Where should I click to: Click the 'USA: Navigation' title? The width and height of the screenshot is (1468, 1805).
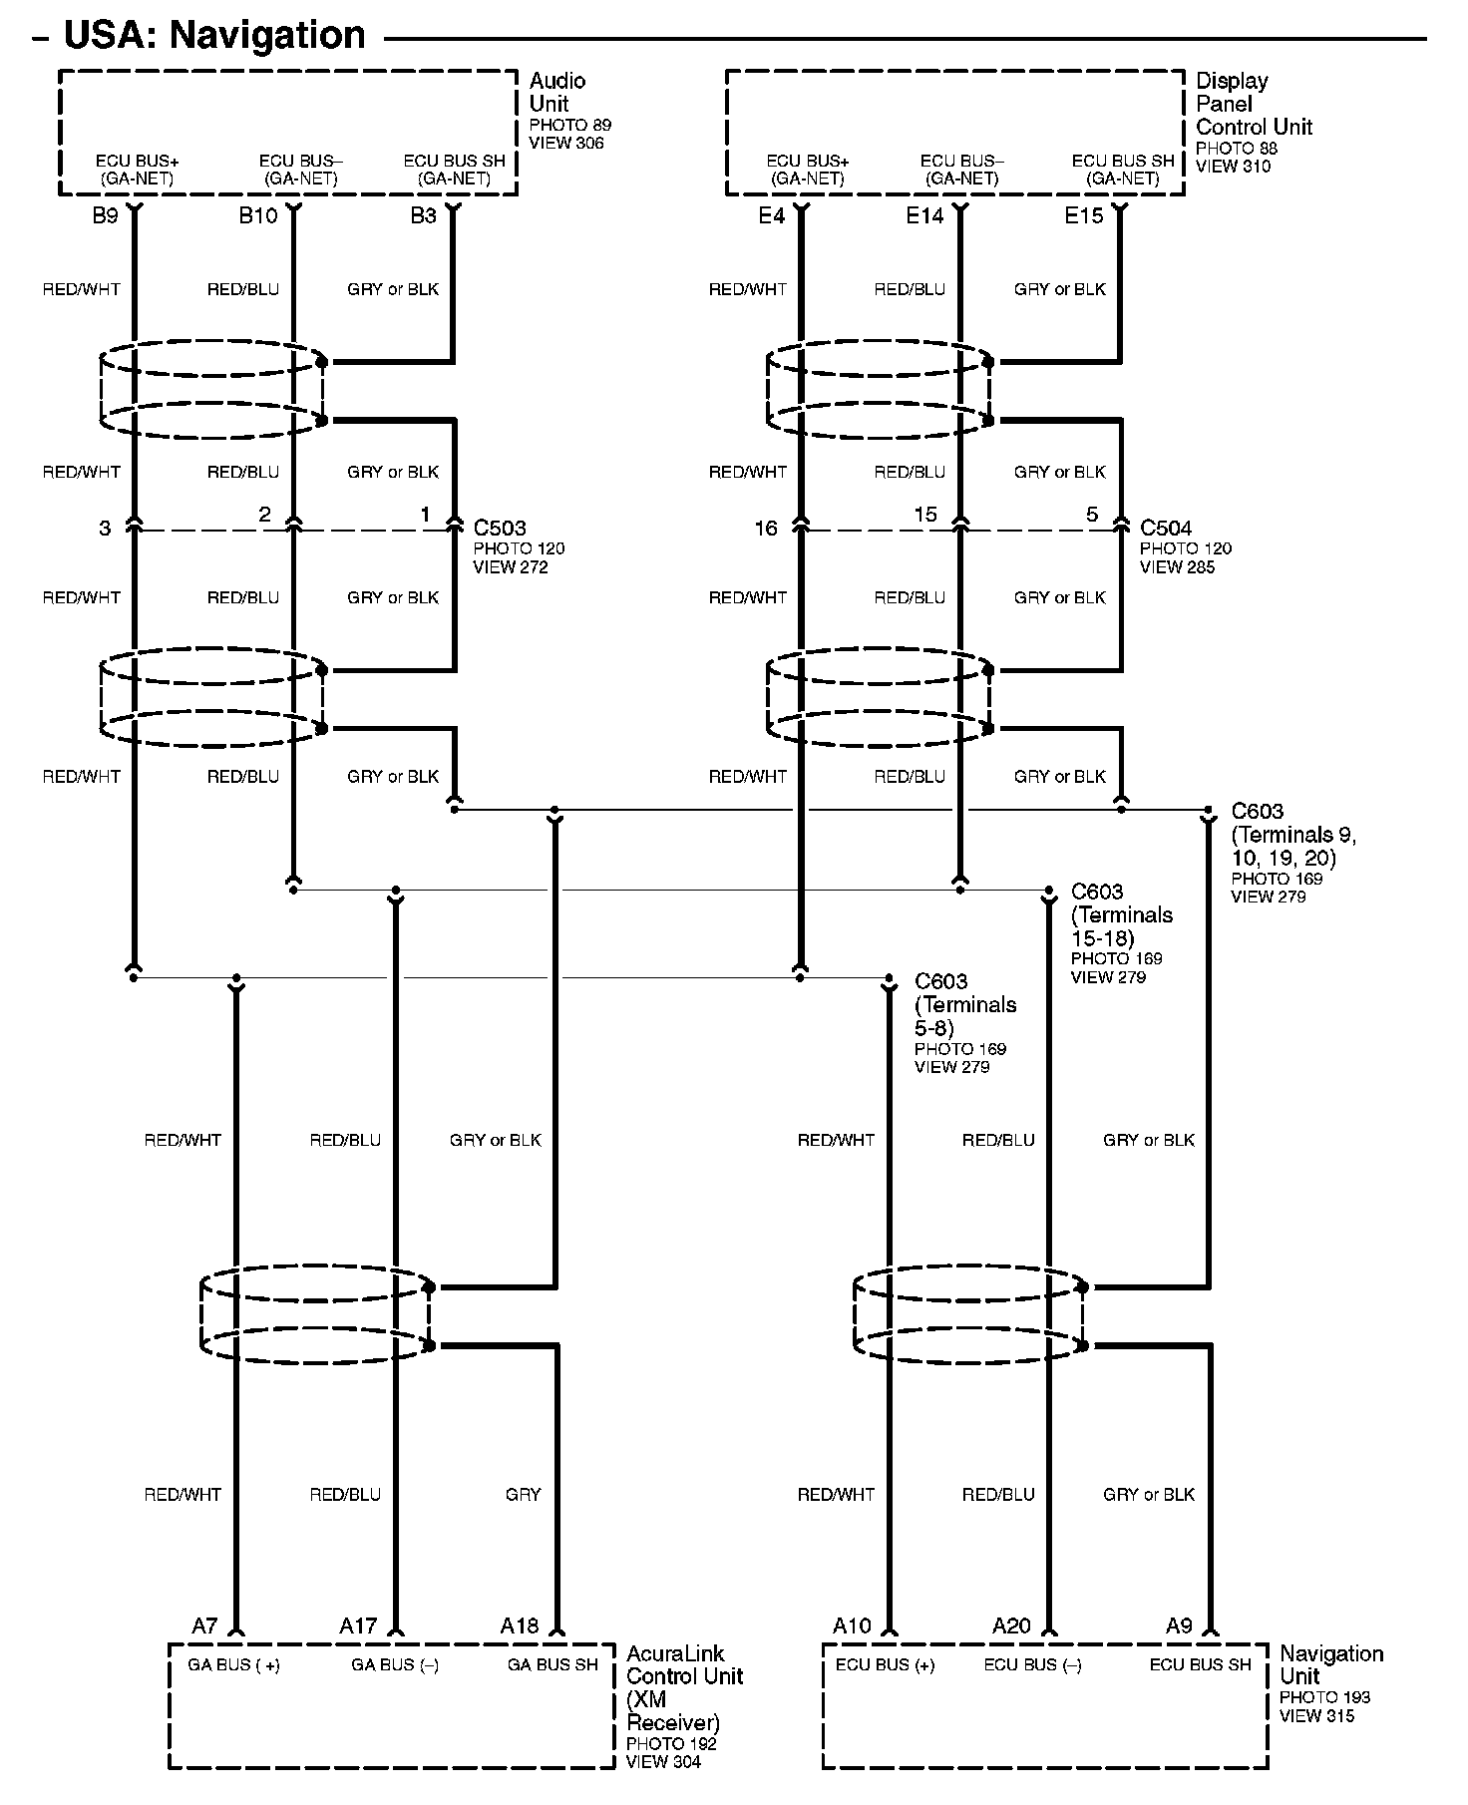pos(214,35)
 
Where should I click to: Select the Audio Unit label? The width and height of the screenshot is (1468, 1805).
pos(556,92)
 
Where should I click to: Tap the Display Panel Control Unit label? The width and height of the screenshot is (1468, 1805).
pos(1254,104)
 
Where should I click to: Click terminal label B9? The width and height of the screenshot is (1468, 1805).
pos(105,216)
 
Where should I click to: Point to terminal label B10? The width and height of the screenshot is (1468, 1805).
pos(257,216)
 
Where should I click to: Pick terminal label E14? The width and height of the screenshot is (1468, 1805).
pos(923,216)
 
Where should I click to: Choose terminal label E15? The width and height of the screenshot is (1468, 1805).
pos(1083,216)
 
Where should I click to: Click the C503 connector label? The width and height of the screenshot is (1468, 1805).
pos(500,529)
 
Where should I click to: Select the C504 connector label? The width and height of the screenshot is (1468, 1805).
pos(1166,529)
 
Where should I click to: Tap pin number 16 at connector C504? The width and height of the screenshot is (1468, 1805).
pos(765,529)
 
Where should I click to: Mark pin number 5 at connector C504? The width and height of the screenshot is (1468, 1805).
pos(1092,515)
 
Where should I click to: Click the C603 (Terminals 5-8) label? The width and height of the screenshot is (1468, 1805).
pos(964,1004)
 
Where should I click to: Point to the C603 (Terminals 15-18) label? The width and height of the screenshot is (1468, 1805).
pos(1121,914)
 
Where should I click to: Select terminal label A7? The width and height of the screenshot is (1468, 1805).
pos(204,1626)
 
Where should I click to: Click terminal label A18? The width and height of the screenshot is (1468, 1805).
pos(519,1626)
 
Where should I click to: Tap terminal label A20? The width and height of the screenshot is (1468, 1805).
pos(1011,1626)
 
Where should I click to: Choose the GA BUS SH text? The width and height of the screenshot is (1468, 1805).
pos(552,1664)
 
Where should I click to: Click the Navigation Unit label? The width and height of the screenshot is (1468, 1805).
pos(1330,1664)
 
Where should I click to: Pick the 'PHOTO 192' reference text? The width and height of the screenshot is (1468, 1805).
pos(671,1744)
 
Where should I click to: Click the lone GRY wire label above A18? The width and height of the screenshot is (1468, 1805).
pos(523,1495)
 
